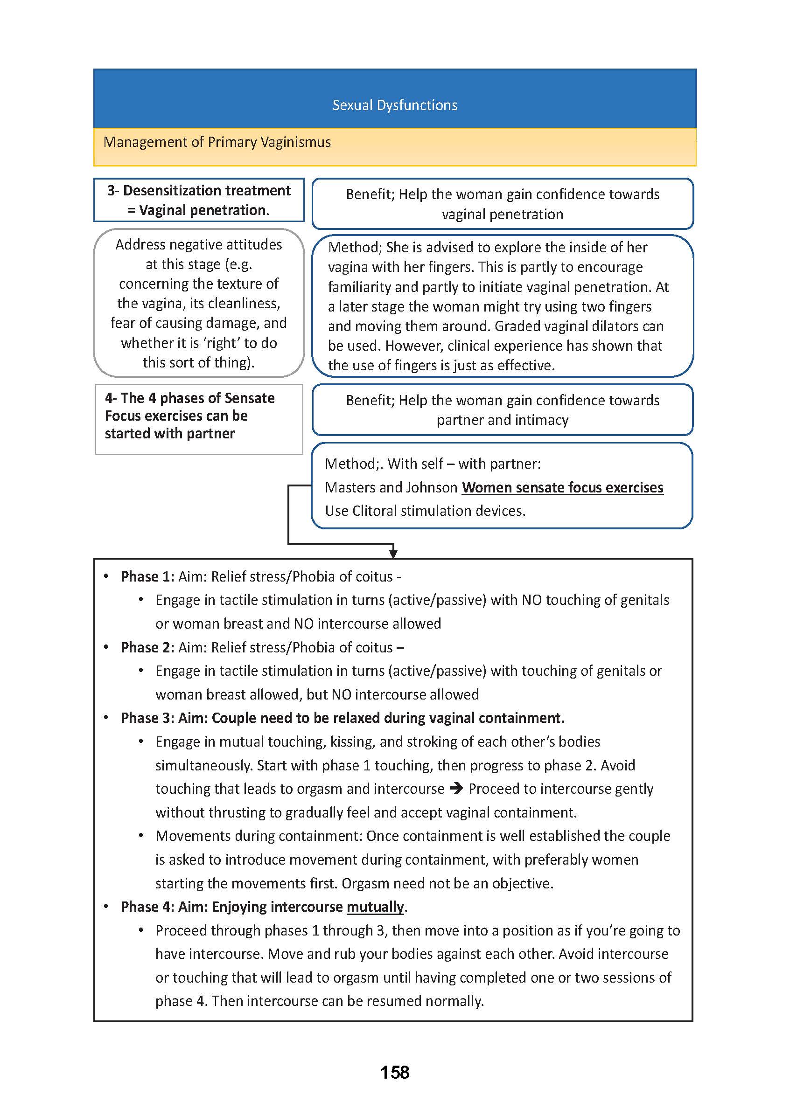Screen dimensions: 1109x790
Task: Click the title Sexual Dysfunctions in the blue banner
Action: tap(394, 105)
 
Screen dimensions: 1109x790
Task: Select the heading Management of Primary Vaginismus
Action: tap(217, 142)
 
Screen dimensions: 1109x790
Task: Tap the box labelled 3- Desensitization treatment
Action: tap(198, 200)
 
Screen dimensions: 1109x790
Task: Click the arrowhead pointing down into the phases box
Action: tap(393, 554)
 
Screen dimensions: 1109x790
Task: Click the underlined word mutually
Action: tap(375, 906)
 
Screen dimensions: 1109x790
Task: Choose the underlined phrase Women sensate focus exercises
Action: tap(562, 487)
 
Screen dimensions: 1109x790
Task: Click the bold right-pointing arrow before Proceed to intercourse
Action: tap(456, 788)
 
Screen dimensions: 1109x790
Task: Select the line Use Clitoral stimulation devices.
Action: tap(425, 511)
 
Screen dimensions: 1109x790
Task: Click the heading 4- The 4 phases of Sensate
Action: tap(190, 398)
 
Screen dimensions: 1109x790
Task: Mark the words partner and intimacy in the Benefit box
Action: tap(502, 420)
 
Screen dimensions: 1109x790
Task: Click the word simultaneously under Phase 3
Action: tap(203, 765)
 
